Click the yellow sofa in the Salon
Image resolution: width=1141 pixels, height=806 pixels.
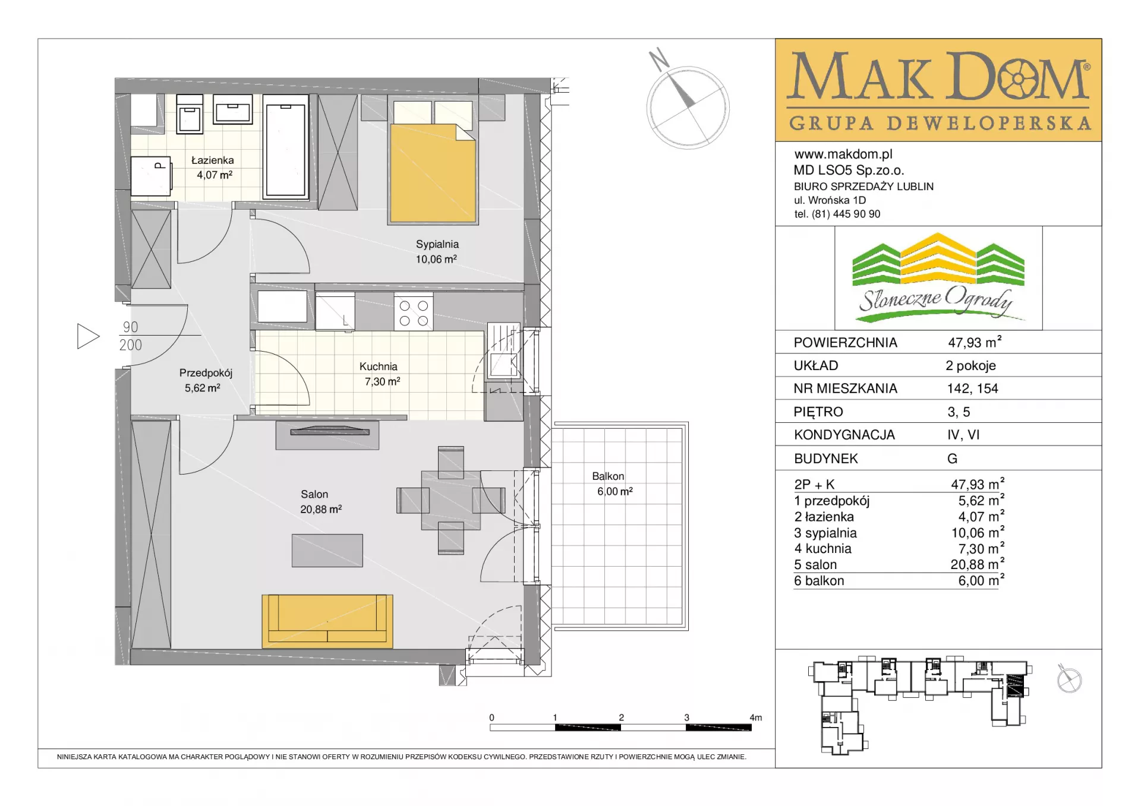pyautogui.click(x=327, y=621)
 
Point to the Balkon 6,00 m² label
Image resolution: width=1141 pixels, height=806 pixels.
pyautogui.click(x=612, y=483)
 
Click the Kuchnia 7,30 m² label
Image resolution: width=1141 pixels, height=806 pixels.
pyautogui.click(x=380, y=374)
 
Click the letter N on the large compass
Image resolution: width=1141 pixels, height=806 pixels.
pyautogui.click(x=658, y=59)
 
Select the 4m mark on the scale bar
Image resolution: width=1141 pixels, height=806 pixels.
pyautogui.click(x=755, y=718)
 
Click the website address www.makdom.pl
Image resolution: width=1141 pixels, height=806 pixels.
pyautogui.click(x=843, y=154)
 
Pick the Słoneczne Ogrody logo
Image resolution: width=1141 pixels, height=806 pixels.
pyautogui.click(x=938, y=278)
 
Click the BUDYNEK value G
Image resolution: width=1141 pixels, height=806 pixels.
pyautogui.click(x=952, y=459)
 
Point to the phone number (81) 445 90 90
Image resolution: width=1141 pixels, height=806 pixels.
pyautogui.click(x=846, y=214)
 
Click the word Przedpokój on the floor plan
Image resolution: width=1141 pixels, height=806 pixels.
pyautogui.click(x=206, y=373)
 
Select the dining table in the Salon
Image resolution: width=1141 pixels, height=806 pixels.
pyautogui.click(x=451, y=500)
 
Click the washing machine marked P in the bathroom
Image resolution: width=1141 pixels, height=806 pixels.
pyautogui.click(x=151, y=176)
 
